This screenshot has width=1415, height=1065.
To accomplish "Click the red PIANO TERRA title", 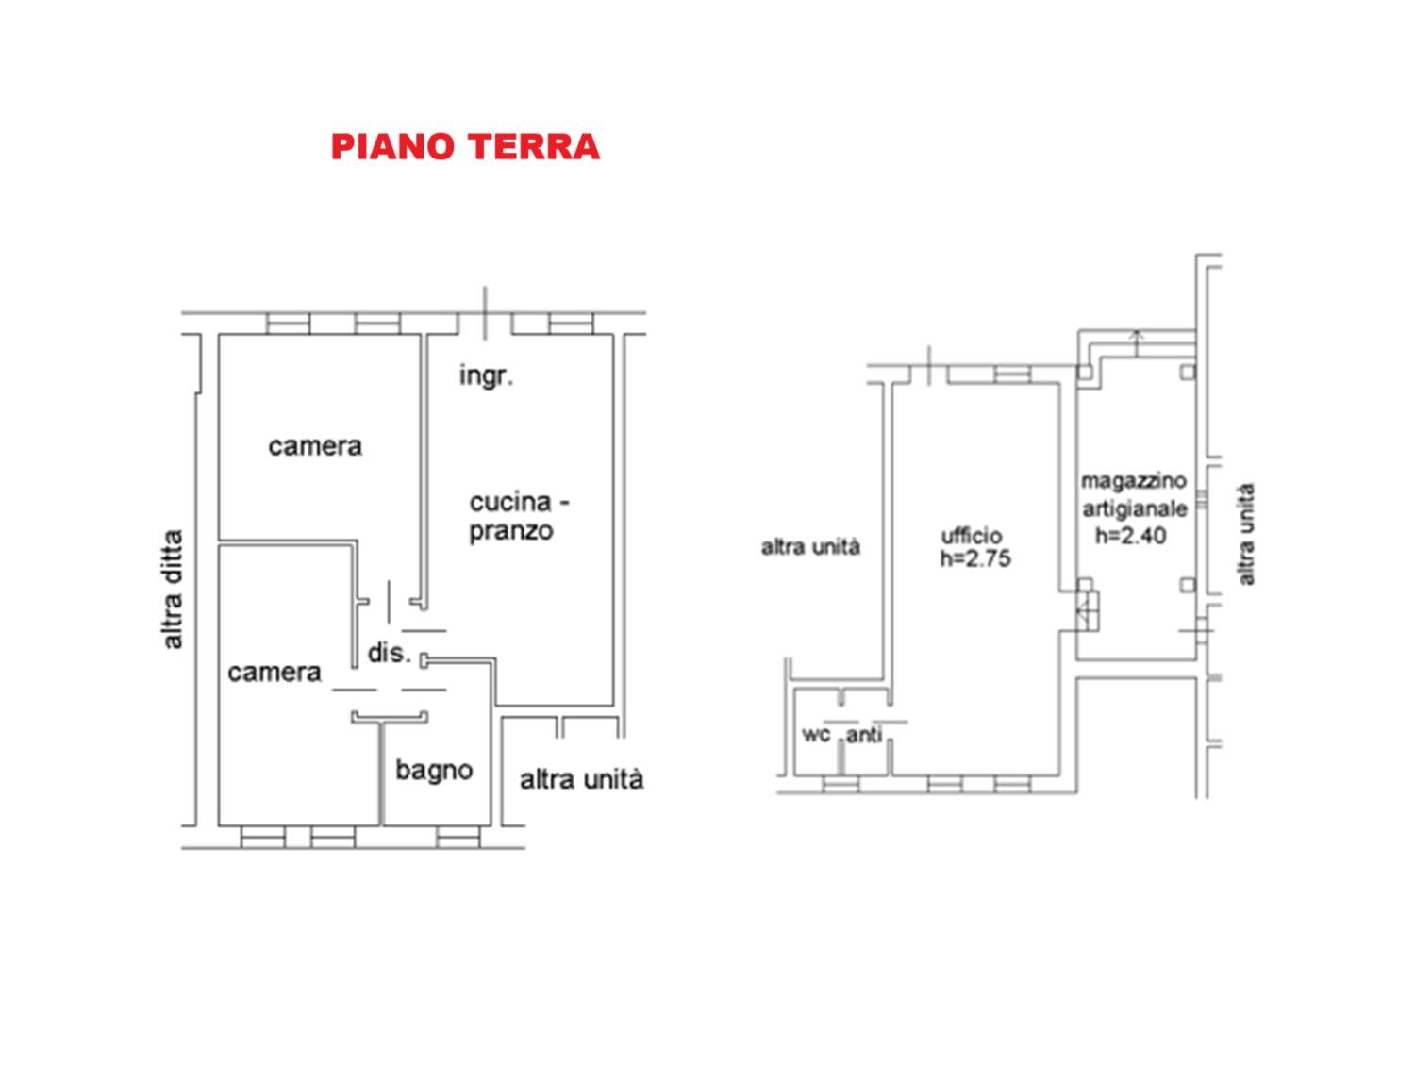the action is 465,146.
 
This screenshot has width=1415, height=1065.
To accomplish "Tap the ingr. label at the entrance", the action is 486,375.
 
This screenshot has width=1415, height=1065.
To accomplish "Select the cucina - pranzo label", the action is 519,516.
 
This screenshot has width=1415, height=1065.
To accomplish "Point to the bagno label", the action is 434,770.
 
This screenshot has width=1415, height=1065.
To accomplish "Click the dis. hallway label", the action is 389,653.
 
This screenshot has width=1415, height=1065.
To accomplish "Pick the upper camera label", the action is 315,446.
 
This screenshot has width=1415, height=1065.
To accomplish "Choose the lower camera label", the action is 275,673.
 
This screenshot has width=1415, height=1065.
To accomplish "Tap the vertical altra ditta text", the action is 173,589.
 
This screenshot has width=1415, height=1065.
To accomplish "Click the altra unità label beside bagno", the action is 581,779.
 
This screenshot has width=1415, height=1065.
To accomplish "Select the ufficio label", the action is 972,535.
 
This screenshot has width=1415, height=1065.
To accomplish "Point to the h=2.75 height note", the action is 975,558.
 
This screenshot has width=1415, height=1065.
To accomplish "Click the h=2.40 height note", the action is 1131,535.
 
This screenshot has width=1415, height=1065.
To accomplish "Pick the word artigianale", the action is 1135,508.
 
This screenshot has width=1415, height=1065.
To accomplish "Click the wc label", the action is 816,734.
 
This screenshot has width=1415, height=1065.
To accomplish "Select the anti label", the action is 864,734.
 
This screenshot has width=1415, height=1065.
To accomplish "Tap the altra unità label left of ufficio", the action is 810,547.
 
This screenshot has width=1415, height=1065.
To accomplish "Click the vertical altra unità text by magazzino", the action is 1247,535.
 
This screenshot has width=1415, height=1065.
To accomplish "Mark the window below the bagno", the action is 458,837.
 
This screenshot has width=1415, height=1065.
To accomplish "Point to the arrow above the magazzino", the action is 1137,342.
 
